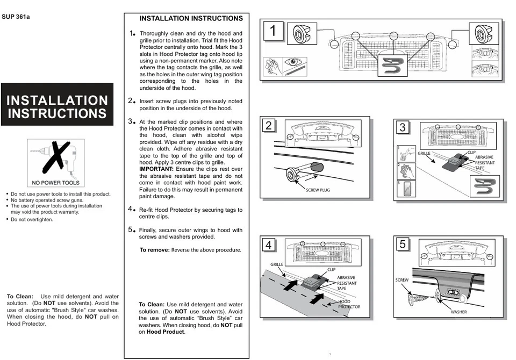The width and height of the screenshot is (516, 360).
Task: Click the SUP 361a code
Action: point(16,17)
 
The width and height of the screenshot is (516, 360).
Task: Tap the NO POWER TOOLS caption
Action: point(56,183)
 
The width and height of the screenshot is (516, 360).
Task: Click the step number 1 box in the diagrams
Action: point(273,31)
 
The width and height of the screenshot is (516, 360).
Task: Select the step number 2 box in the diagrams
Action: point(269,126)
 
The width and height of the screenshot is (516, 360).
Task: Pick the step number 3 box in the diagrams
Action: point(403,128)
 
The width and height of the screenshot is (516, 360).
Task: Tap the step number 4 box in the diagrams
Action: point(269,246)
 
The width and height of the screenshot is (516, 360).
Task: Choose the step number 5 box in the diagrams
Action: point(403,244)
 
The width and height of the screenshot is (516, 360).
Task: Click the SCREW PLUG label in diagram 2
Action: point(317,190)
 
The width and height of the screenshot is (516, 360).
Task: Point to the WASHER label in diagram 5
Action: point(458,312)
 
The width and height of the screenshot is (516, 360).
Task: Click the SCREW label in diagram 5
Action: point(402,280)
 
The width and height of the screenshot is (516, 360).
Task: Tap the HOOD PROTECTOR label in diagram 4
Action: point(349,304)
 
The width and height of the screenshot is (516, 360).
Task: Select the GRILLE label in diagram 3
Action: point(424,154)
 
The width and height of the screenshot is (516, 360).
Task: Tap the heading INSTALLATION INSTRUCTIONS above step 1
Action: point(191,18)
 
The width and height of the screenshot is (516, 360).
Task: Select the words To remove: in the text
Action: point(155,250)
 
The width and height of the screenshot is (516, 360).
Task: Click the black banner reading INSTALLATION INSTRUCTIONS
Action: point(57,107)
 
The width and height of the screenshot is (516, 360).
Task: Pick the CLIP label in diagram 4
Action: point(331,269)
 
